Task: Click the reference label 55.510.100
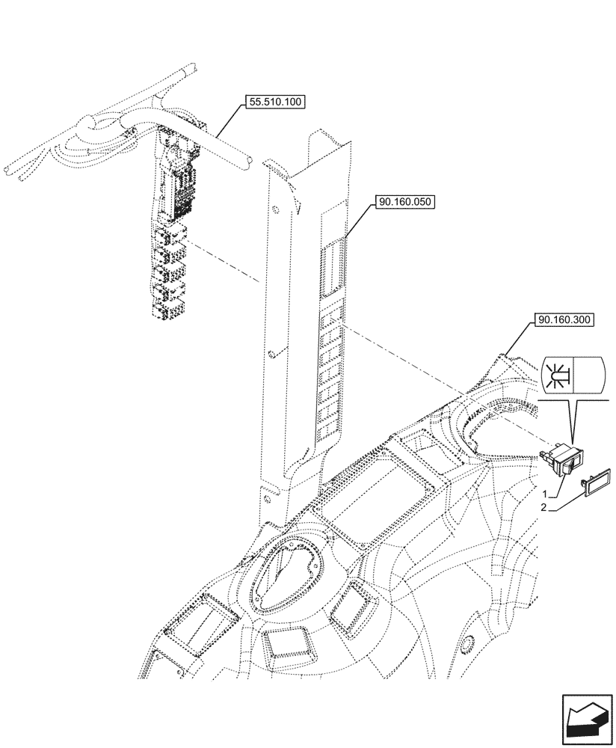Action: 273,103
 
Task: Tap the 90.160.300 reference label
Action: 564,320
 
